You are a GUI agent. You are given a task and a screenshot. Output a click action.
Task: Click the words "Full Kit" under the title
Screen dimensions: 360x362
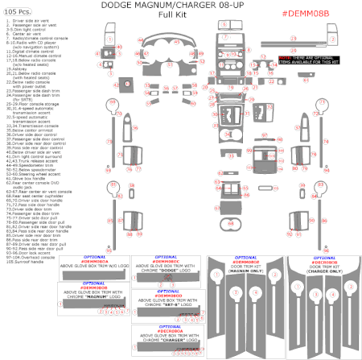point(180,15)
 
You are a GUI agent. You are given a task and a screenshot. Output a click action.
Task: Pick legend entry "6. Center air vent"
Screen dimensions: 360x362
point(24,35)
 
